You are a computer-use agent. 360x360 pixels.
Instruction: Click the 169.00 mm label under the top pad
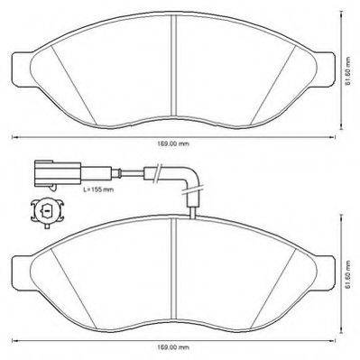point(173,143)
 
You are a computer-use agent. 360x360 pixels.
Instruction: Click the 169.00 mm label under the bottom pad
point(173,347)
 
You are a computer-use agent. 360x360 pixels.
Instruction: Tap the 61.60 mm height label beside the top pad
point(348,71)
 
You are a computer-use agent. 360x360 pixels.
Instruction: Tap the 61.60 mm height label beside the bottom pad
point(348,274)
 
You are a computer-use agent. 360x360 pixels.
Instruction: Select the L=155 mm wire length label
point(98,189)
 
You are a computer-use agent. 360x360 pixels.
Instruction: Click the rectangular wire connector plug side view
point(58,173)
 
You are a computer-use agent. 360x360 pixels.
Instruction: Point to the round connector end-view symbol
point(47,212)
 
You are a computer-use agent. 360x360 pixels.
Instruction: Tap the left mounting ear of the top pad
point(23,69)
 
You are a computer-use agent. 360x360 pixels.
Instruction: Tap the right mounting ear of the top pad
point(324,69)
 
